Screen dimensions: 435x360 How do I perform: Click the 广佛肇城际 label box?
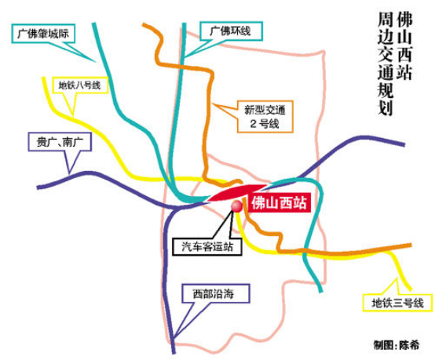click(43, 34)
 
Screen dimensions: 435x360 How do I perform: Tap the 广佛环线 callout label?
click(231, 31)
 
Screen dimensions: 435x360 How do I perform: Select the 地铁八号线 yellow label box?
click(80, 85)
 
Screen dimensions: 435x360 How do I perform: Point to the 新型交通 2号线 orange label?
click(265, 117)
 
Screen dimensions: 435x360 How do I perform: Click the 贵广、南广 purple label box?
click(60, 142)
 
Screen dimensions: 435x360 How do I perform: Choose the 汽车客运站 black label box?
click(207, 246)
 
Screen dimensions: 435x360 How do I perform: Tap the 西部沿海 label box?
click(216, 293)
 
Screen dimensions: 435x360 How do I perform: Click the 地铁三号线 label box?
click(397, 303)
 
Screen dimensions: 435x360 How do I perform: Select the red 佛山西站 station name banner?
click(279, 203)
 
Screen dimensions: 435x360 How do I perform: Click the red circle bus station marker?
click(237, 206)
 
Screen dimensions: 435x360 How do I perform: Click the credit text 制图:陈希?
click(397, 345)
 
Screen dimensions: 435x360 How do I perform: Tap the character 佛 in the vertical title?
click(404, 20)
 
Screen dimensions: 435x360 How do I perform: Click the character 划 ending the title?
click(385, 107)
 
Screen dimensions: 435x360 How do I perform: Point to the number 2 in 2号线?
click(254, 124)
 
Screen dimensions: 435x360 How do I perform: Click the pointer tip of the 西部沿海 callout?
click(174, 338)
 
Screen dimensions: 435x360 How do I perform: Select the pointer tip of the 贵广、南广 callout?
click(69, 174)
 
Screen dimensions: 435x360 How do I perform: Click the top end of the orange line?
click(144, 24)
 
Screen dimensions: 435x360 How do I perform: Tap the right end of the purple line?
click(404, 144)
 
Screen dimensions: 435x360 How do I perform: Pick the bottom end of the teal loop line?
click(321, 291)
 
